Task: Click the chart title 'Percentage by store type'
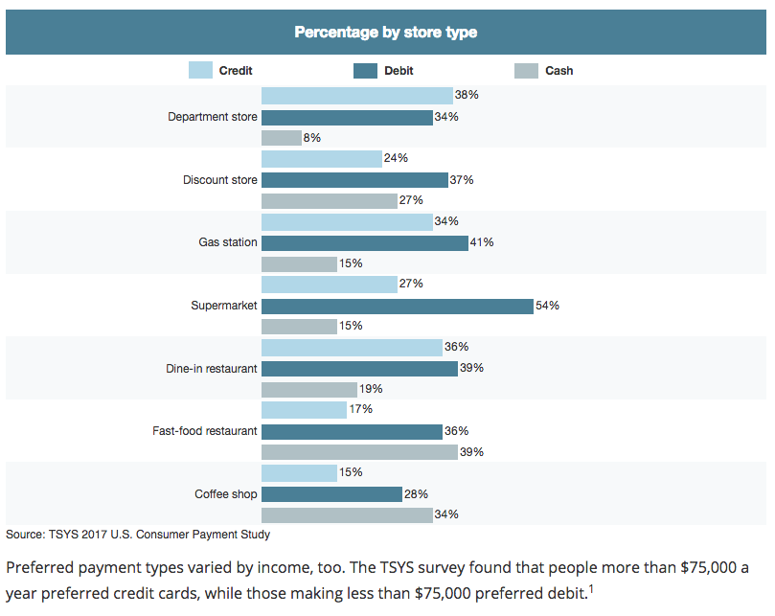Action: pyautogui.click(x=385, y=33)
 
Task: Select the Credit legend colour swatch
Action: pyautogui.click(x=200, y=70)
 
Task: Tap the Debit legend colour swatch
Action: pyautogui.click(x=366, y=70)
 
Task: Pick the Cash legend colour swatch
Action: pyautogui.click(x=527, y=70)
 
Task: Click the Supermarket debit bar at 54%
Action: pyautogui.click(x=397, y=306)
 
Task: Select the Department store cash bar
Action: pyautogui.click(x=282, y=138)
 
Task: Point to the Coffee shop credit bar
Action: pyautogui.click(x=299, y=473)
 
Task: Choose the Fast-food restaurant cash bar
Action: pyautogui.click(x=359, y=452)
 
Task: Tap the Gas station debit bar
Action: pyautogui.click(x=365, y=242)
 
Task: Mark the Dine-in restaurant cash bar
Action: pyautogui.click(x=309, y=389)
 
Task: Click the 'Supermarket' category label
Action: pyautogui.click(x=224, y=306)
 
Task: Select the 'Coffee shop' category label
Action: pyautogui.click(x=225, y=494)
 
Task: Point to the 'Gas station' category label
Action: pyautogui.click(x=228, y=242)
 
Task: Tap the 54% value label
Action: pyautogui.click(x=547, y=306)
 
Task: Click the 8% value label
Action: pyautogui.click(x=311, y=138)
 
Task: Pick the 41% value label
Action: pyautogui.click(x=482, y=242)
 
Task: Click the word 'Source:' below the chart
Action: pyautogui.click(x=25, y=535)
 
